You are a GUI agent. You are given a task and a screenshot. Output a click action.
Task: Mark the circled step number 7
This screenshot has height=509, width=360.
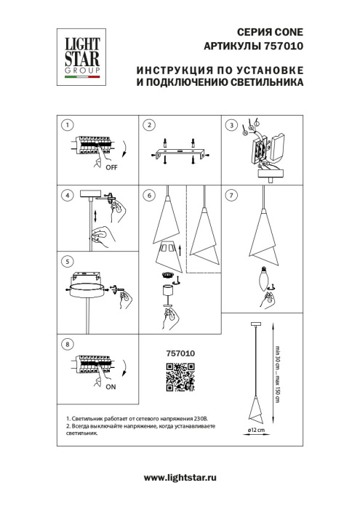point(232,195)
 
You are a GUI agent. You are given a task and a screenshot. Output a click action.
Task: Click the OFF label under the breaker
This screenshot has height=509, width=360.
point(111,167)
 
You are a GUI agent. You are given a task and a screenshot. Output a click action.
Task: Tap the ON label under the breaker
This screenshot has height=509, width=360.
point(111,388)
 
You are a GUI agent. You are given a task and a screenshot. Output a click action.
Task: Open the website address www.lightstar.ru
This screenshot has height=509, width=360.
point(180,476)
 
